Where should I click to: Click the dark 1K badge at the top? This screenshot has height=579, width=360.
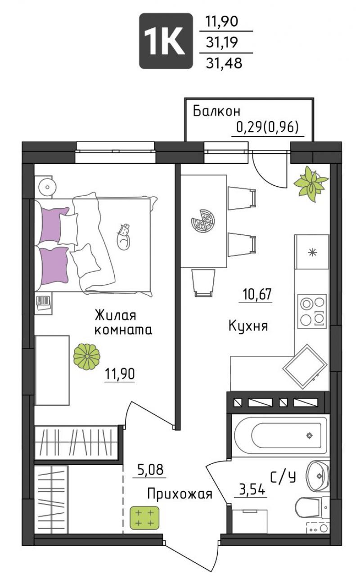point(166,41)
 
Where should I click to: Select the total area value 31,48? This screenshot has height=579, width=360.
point(224,63)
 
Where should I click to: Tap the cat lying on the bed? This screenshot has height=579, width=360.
point(124,237)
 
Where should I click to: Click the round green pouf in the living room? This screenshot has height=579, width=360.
point(87,357)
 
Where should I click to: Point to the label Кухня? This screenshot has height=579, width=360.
point(248,326)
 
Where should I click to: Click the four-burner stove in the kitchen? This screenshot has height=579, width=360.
point(312,311)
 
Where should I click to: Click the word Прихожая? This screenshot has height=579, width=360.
point(180,494)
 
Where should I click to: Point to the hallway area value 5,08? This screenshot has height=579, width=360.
point(150,470)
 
